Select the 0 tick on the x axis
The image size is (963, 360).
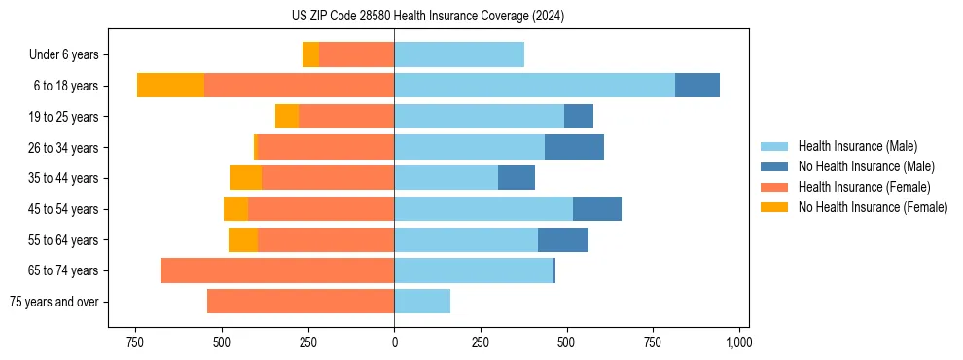point(394,342)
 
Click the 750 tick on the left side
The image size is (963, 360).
point(135,342)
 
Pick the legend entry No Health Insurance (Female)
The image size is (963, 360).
point(873,207)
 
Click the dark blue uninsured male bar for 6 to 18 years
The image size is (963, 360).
point(697,86)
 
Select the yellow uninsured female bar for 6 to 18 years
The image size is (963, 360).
point(170,86)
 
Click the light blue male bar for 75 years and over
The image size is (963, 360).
point(422,302)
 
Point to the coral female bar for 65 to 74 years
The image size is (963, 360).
point(277,270)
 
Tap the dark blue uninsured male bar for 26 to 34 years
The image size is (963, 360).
point(574,147)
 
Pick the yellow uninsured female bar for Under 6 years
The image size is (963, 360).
point(310,54)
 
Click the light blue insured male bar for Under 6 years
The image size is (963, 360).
point(459,54)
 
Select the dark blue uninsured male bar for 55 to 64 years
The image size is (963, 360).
point(563,239)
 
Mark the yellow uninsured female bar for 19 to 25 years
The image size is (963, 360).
point(287,117)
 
